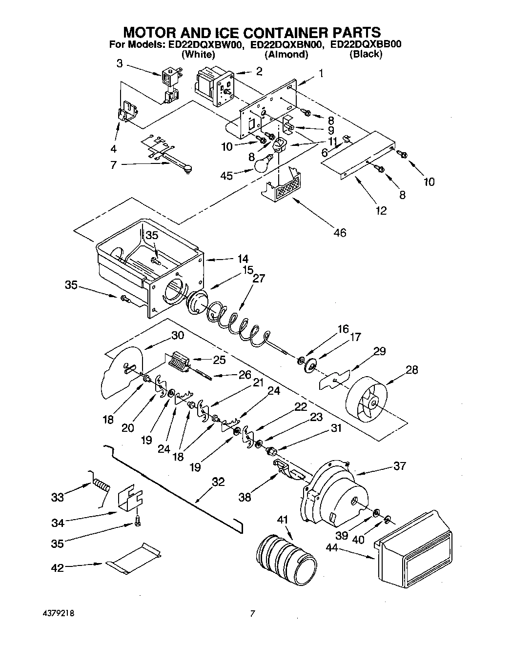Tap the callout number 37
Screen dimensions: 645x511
(399, 466)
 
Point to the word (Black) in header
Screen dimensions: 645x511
(366, 54)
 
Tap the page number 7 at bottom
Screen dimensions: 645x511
(252, 614)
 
